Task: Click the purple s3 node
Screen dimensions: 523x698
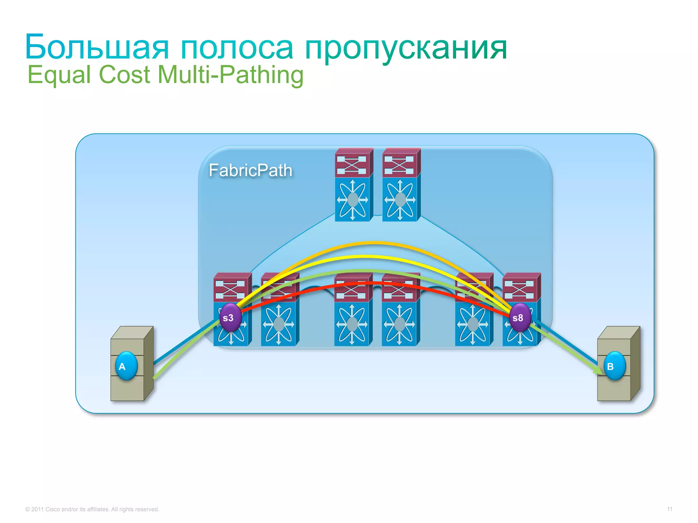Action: (x=230, y=318)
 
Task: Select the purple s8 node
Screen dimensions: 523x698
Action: (x=519, y=318)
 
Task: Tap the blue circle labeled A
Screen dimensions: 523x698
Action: (x=126, y=366)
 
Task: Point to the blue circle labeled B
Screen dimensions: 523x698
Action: (x=614, y=366)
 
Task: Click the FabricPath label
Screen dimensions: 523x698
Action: (x=251, y=170)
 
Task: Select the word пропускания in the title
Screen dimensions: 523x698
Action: (x=406, y=48)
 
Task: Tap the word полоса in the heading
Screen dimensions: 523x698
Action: (x=237, y=48)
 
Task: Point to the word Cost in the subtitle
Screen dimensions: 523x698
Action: (x=124, y=75)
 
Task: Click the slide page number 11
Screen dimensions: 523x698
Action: (x=669, y=509)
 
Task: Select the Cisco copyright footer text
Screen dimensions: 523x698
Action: (x=92, y=509)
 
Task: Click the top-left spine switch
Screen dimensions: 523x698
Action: (x=353, y=185)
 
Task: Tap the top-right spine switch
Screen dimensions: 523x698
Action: (x=401, y=185)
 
